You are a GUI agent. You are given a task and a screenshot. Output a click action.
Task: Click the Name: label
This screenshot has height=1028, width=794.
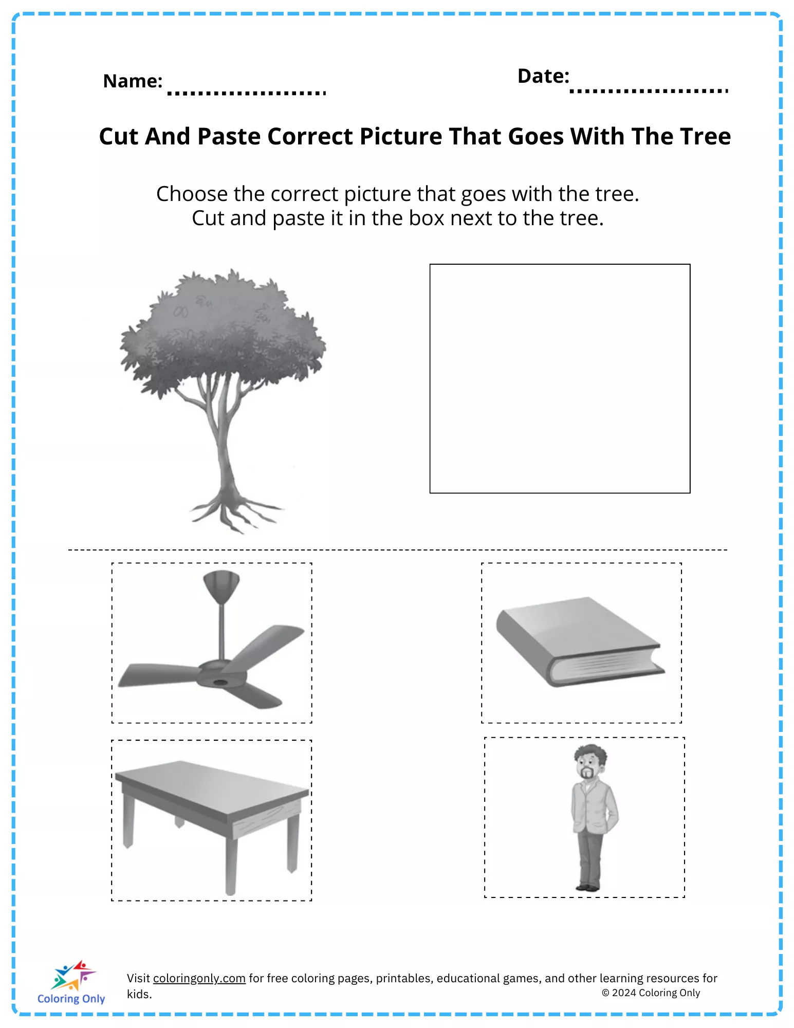point(133,81)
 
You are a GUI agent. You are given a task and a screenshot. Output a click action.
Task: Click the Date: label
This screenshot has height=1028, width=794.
point(543,76)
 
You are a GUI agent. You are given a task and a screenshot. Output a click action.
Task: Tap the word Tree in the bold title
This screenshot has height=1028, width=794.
point(705,137)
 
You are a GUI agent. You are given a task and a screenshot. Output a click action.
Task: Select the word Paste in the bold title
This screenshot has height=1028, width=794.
point(229,137)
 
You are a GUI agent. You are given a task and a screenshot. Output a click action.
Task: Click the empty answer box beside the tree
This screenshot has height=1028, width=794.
point(560,379)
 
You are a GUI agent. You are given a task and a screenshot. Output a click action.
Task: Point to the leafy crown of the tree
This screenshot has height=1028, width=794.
point(222,332)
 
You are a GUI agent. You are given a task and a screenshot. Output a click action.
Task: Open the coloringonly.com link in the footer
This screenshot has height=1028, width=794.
point(199,978)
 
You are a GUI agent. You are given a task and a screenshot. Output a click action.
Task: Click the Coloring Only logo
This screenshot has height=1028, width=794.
point(71,982)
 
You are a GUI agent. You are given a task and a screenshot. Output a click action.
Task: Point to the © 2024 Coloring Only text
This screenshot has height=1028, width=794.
point(651,993)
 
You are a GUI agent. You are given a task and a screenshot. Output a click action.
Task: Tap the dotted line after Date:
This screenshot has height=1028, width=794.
point(649,91)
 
